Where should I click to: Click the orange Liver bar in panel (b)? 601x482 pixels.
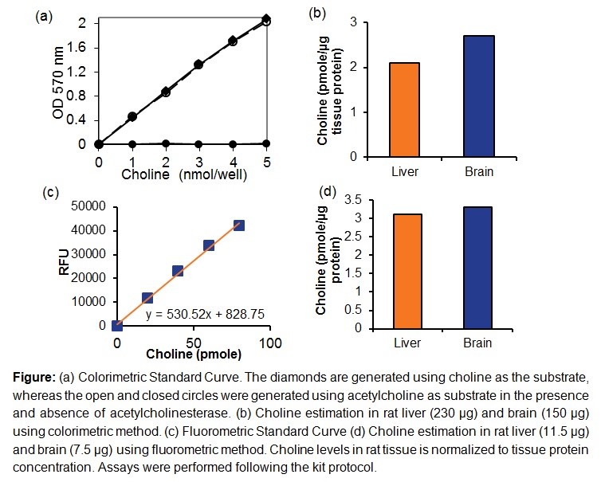(405, 109)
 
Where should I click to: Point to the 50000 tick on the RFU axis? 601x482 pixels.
(92, 206)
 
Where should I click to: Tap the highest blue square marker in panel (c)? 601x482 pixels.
(238, 225)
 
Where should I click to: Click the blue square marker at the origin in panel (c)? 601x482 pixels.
(117, 325)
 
